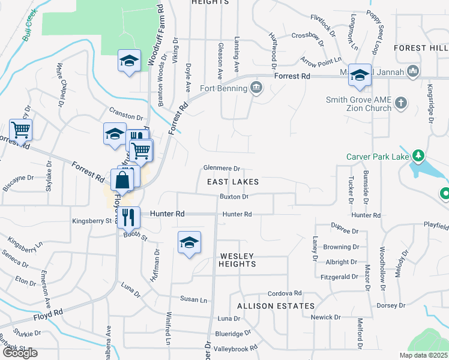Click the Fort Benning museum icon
[x=257, y=88]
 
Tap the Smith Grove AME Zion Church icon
[x=402, y=104]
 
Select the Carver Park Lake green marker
[x=418, y=157]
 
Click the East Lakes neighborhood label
[x=233, y=182]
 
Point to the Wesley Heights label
[x=237, y=260]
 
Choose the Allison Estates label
[x=267, y=306]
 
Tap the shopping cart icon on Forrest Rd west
[x=20, y=130]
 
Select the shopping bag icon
[x=121, y=179]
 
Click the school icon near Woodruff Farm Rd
[x=129, y=61]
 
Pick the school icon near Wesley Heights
[x=189, y=242]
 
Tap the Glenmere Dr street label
[x=221, y=169]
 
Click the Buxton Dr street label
[x=234, y=197]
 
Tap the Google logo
[x=20, y=352]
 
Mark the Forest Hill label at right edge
[x=421, y=47]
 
